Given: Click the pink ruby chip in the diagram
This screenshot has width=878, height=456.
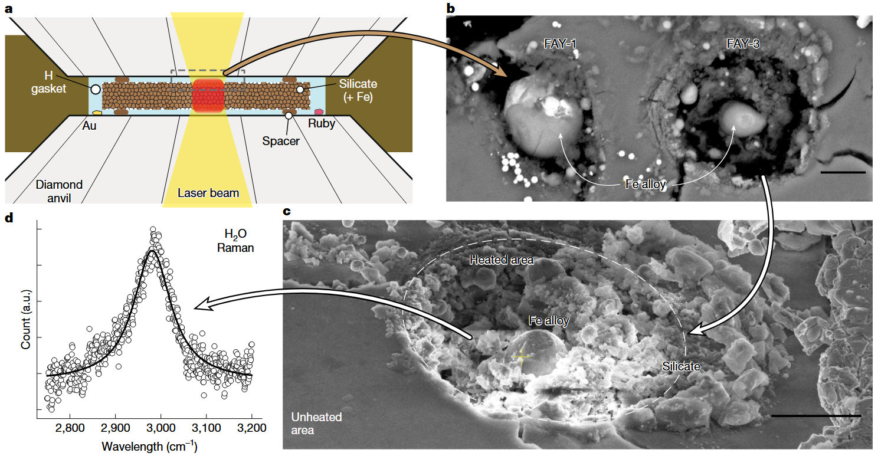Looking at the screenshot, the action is (319, 112).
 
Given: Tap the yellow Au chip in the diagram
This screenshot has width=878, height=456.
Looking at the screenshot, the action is (97, 113).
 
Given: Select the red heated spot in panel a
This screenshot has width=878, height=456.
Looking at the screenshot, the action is (208, 95).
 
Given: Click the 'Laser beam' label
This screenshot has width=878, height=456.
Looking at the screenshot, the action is (208, 193).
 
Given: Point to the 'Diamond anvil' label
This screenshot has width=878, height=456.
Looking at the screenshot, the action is (59, 191).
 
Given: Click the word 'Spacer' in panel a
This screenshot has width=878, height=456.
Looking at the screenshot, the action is (281, 141).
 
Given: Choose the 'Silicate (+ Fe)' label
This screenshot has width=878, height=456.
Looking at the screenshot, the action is (358, 90).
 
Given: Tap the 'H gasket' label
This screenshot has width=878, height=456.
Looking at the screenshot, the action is (48, 82).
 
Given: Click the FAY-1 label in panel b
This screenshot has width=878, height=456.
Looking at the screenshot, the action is (560, 44).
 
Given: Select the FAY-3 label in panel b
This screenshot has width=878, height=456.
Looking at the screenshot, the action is (743, 44).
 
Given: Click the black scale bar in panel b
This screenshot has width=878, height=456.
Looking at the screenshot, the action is (843, 172).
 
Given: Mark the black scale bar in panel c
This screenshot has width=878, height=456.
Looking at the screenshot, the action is (815, 416).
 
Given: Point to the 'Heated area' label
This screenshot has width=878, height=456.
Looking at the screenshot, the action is (502, 260).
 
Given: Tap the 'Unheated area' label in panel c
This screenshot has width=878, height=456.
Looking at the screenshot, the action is (316, 424).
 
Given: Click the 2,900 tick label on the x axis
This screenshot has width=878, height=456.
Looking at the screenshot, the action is (115, 428).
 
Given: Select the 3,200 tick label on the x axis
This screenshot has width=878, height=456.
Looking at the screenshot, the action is (251, 428).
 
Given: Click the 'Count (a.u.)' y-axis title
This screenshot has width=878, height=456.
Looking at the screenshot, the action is (25, 319).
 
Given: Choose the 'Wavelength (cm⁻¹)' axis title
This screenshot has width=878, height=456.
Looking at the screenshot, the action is (149, 446).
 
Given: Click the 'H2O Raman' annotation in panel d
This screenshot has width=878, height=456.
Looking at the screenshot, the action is (235, 241).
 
